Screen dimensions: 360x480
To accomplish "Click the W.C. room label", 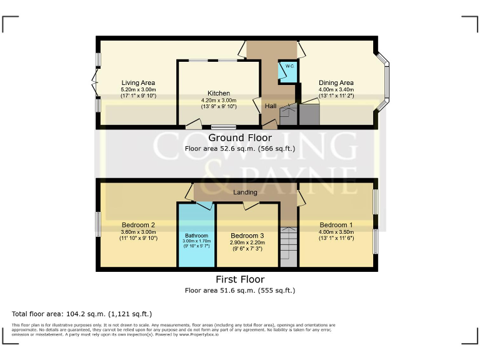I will coord(290,66).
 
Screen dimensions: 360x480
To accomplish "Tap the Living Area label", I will coord(138,82).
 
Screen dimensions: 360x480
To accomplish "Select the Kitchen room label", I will coord(219,93).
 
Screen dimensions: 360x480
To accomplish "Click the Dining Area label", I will coord(336,82).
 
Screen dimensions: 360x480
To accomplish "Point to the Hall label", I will coord(271,106).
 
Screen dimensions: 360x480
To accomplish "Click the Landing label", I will coord(245,192).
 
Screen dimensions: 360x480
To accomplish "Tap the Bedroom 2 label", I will coord(138,225).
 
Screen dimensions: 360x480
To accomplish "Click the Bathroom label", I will coord(196,236).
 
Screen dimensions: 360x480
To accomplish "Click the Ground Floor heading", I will coord(240,137).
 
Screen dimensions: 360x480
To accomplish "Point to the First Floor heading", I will coord(240,279).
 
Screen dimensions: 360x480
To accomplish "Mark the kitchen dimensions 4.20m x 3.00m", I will coord(219,100).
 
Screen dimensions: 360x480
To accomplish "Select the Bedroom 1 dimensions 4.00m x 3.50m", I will coord(336,232).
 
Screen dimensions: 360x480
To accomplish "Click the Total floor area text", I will coord(82,314).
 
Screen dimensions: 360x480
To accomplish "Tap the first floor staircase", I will coord(289,247).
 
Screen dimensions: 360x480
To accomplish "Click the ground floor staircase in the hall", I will coord(289,115).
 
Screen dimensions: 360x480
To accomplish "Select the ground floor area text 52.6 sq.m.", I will coord(240,149).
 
